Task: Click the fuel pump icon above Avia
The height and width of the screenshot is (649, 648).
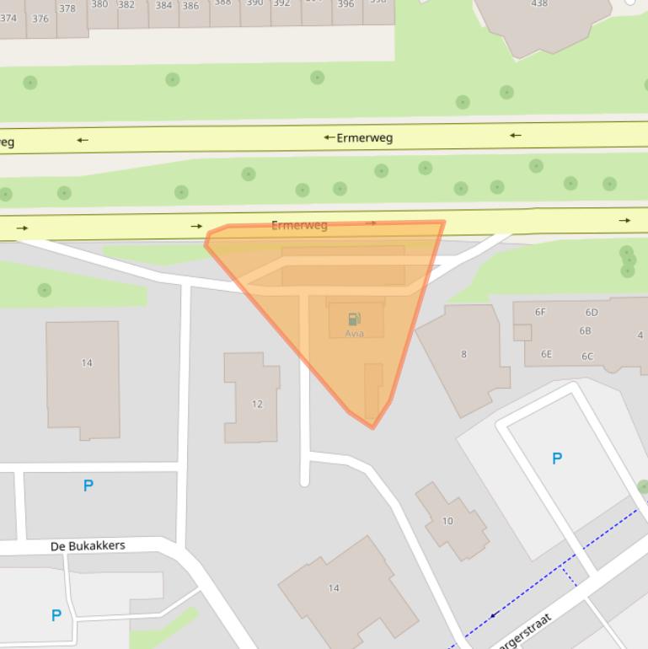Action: (354, 319)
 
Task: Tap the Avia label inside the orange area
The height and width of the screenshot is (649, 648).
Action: (354, 333)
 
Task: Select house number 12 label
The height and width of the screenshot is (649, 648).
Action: (257, 404)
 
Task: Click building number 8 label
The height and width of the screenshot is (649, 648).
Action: (463, 354)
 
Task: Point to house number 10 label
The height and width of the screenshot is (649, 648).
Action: (447, 521)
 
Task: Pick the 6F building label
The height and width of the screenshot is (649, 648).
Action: (540, 312)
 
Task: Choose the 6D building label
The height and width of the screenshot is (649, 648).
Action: (592, 313)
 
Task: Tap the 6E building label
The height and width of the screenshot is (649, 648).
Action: (546, 354)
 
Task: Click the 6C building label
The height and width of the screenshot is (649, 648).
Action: (587, 356)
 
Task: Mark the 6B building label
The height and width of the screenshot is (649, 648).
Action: (585, 331)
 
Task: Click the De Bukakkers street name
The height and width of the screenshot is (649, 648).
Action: (88, 546)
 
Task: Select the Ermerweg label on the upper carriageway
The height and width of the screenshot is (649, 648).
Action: (365, 137)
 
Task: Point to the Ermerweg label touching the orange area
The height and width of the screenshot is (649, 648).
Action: (299, 225)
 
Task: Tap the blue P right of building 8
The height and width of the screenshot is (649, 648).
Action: (556, 459)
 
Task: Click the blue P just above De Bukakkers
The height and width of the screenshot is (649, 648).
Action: (88, 485)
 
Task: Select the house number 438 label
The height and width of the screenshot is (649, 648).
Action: (539, 4)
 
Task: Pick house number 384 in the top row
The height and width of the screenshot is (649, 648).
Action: (163, 6)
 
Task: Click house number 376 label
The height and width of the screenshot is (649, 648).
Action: (40, 19)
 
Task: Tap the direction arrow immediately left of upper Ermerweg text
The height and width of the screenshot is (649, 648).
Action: (329, 137)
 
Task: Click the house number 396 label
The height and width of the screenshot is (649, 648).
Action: (345, 4)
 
